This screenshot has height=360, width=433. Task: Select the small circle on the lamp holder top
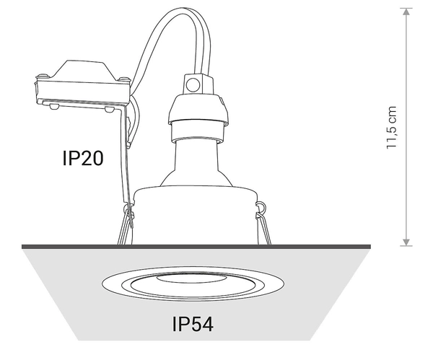pos(193,85)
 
